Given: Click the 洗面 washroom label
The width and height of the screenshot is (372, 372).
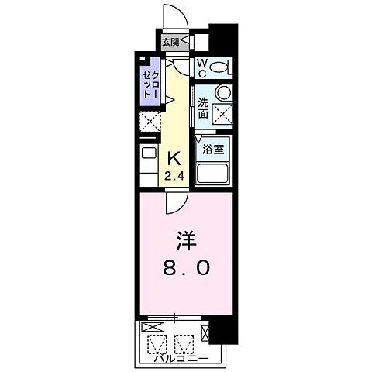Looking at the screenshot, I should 202,108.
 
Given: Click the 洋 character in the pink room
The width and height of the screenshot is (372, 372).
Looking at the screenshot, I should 186,239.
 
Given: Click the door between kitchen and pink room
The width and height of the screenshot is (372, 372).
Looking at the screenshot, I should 175,204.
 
